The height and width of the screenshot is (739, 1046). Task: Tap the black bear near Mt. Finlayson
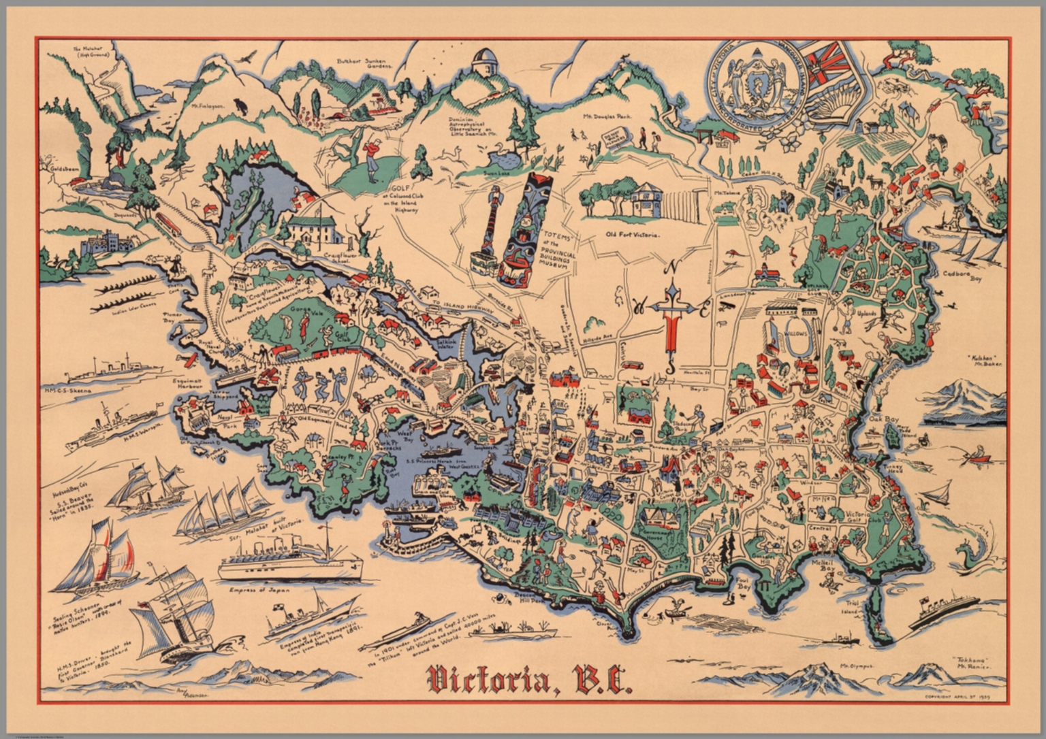coord(239,105)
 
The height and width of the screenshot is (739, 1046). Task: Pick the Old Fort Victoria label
coord(633,234)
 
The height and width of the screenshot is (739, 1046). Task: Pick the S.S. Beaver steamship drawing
coord(146,487)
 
